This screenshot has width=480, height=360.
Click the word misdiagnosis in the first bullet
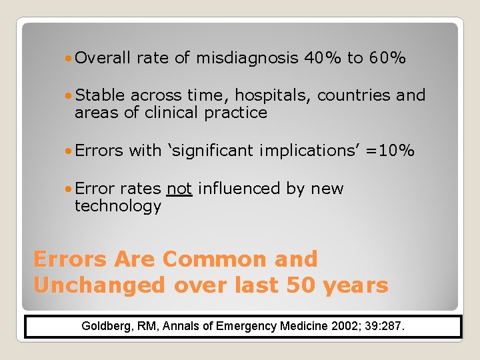[247, 59]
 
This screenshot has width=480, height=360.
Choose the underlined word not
[180, 189]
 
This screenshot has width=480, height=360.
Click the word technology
[117, 206]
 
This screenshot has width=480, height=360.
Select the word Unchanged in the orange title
[99, 285]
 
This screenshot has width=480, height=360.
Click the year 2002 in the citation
[347, 327]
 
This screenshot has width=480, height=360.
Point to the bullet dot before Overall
[69, 59]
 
